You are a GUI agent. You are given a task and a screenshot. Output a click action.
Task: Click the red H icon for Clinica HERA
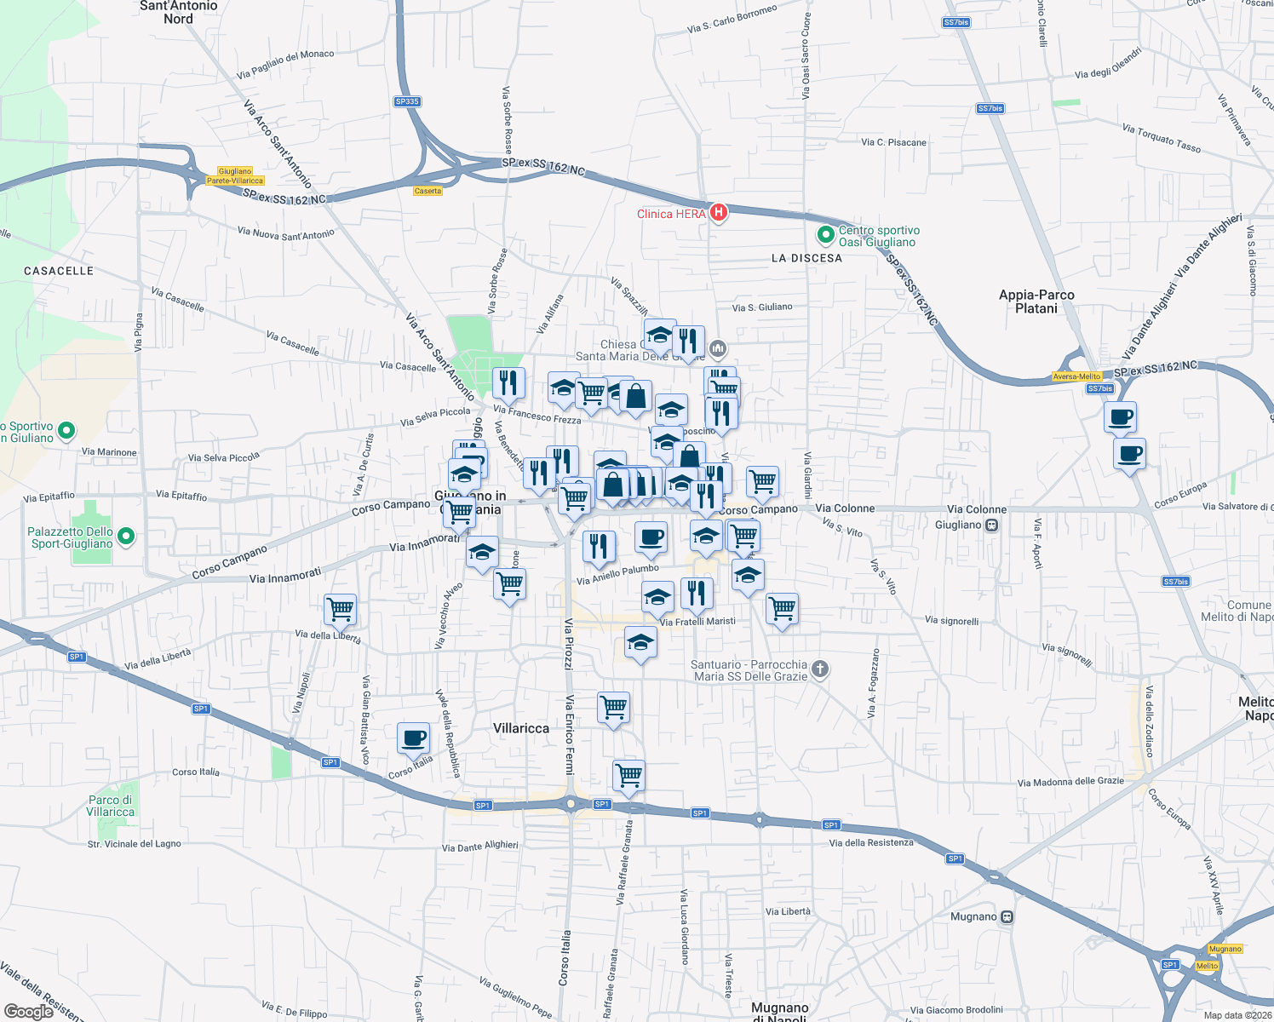(x=718, y=212)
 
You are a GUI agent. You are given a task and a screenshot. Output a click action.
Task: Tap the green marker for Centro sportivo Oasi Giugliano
(x=824, y=234)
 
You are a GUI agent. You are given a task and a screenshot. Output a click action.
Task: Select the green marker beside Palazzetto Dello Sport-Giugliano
(x=126, y=537)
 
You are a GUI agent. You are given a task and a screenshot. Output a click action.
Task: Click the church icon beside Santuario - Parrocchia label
(x=819, y=669)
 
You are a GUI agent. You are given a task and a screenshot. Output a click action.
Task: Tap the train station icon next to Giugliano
(x=991, y=525)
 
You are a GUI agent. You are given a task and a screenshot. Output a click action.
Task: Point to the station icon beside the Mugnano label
(x=1007, y=917)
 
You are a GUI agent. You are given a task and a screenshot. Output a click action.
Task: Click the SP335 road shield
(x=407, y=101)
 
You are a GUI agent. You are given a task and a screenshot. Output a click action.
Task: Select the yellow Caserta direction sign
(x=428, y=191)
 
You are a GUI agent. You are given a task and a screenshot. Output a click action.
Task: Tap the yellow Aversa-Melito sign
(x=1076, y=376)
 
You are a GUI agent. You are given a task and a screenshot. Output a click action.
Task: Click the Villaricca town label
(x=521, y=728)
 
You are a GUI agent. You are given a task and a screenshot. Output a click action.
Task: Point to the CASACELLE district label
(x=59, y=271)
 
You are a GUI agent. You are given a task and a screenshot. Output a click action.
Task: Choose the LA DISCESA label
(x=806, y=258)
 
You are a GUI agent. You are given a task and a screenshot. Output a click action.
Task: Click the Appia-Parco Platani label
(x=1036, y=301)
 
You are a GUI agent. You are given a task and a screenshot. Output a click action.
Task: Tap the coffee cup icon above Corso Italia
(x=413, y=738)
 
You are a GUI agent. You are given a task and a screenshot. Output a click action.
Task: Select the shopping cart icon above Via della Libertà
(x=340, y=609)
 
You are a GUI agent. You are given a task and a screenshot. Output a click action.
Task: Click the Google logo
(x=29, y=1011)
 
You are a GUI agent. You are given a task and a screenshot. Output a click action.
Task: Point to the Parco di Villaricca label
(x=111, y=806)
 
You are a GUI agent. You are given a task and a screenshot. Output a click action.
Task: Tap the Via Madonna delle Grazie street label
(x=1070, y=782)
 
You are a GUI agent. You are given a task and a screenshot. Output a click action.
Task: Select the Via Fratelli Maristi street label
(x=697, y=622)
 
